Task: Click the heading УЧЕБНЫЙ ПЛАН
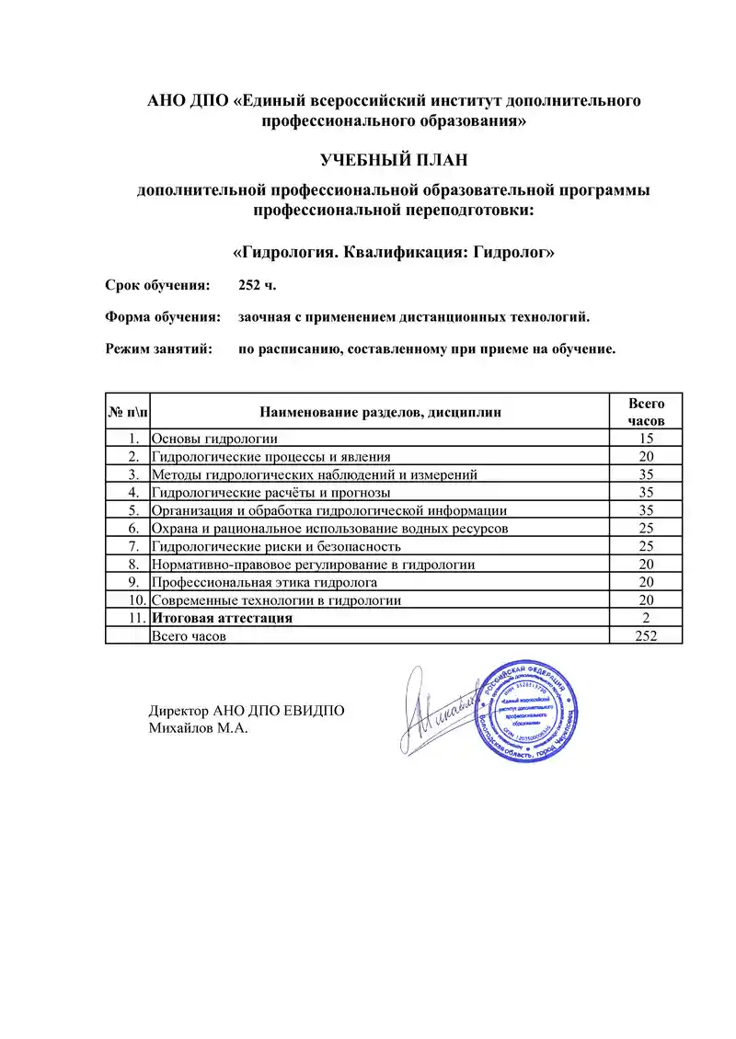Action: [394, 160]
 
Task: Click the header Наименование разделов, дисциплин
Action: [380, 412]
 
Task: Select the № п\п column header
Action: [126, 412]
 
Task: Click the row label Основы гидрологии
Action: [214, 439]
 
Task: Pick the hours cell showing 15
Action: [646, 439]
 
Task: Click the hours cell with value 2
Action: [646, 618]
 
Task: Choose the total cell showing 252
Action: [646, 635]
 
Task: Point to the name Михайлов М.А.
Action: [199, 729]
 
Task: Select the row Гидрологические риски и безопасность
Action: [276, 546]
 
